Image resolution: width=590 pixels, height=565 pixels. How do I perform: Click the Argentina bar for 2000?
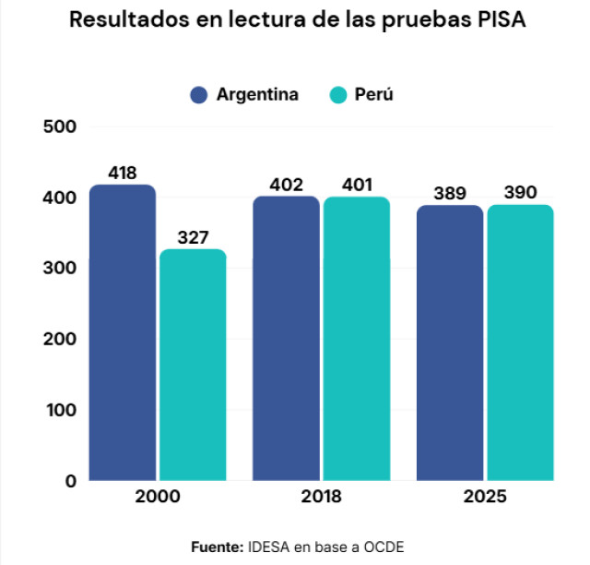tap(123, 332)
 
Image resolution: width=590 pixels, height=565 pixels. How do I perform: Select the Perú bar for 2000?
tap(193, 365)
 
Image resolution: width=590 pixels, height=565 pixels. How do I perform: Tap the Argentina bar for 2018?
tap(287, 338)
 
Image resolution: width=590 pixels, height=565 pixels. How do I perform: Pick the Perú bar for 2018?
tap(357, 339)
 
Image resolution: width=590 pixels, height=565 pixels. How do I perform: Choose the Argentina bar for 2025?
tap(450, 343)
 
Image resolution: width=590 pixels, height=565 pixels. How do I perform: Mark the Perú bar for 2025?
tap(521, 343)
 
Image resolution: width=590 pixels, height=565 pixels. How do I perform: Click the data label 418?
tap(123, 173)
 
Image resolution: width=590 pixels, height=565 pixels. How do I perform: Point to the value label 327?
tap(193, 237)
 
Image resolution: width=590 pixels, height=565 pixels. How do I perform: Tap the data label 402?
tap(287, 185)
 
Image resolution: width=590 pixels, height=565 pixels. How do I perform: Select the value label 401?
tap(357, 185)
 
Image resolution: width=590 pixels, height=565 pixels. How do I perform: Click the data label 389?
tap(450, 193)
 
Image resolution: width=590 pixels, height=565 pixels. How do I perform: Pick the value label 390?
tap(520, 192)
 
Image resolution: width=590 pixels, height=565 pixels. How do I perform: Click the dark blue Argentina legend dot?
tap(199, 94)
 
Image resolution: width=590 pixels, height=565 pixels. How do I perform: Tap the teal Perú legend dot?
tap(338, 94)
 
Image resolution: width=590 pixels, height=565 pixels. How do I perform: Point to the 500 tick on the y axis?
tap(60, 126)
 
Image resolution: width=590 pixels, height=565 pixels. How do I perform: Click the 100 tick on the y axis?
tap(62, 410)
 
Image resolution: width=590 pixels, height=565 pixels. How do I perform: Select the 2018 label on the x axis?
tap(322, 496)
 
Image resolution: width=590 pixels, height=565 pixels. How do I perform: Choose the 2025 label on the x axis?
tap(485, 496)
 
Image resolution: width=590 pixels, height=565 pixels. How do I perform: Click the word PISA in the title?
tap(501, 19)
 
